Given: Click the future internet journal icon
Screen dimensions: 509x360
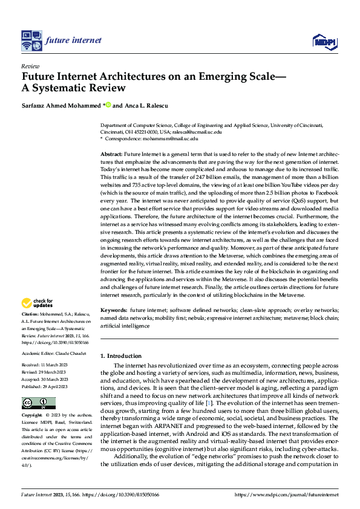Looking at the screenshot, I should coord(30,41).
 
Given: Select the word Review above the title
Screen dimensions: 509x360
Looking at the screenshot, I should coord(30,66).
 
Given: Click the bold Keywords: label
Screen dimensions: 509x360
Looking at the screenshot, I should coord(114,309).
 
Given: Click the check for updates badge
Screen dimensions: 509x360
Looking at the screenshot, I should coord(38,303).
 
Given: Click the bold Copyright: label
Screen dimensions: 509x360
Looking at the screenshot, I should coord(33,416).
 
